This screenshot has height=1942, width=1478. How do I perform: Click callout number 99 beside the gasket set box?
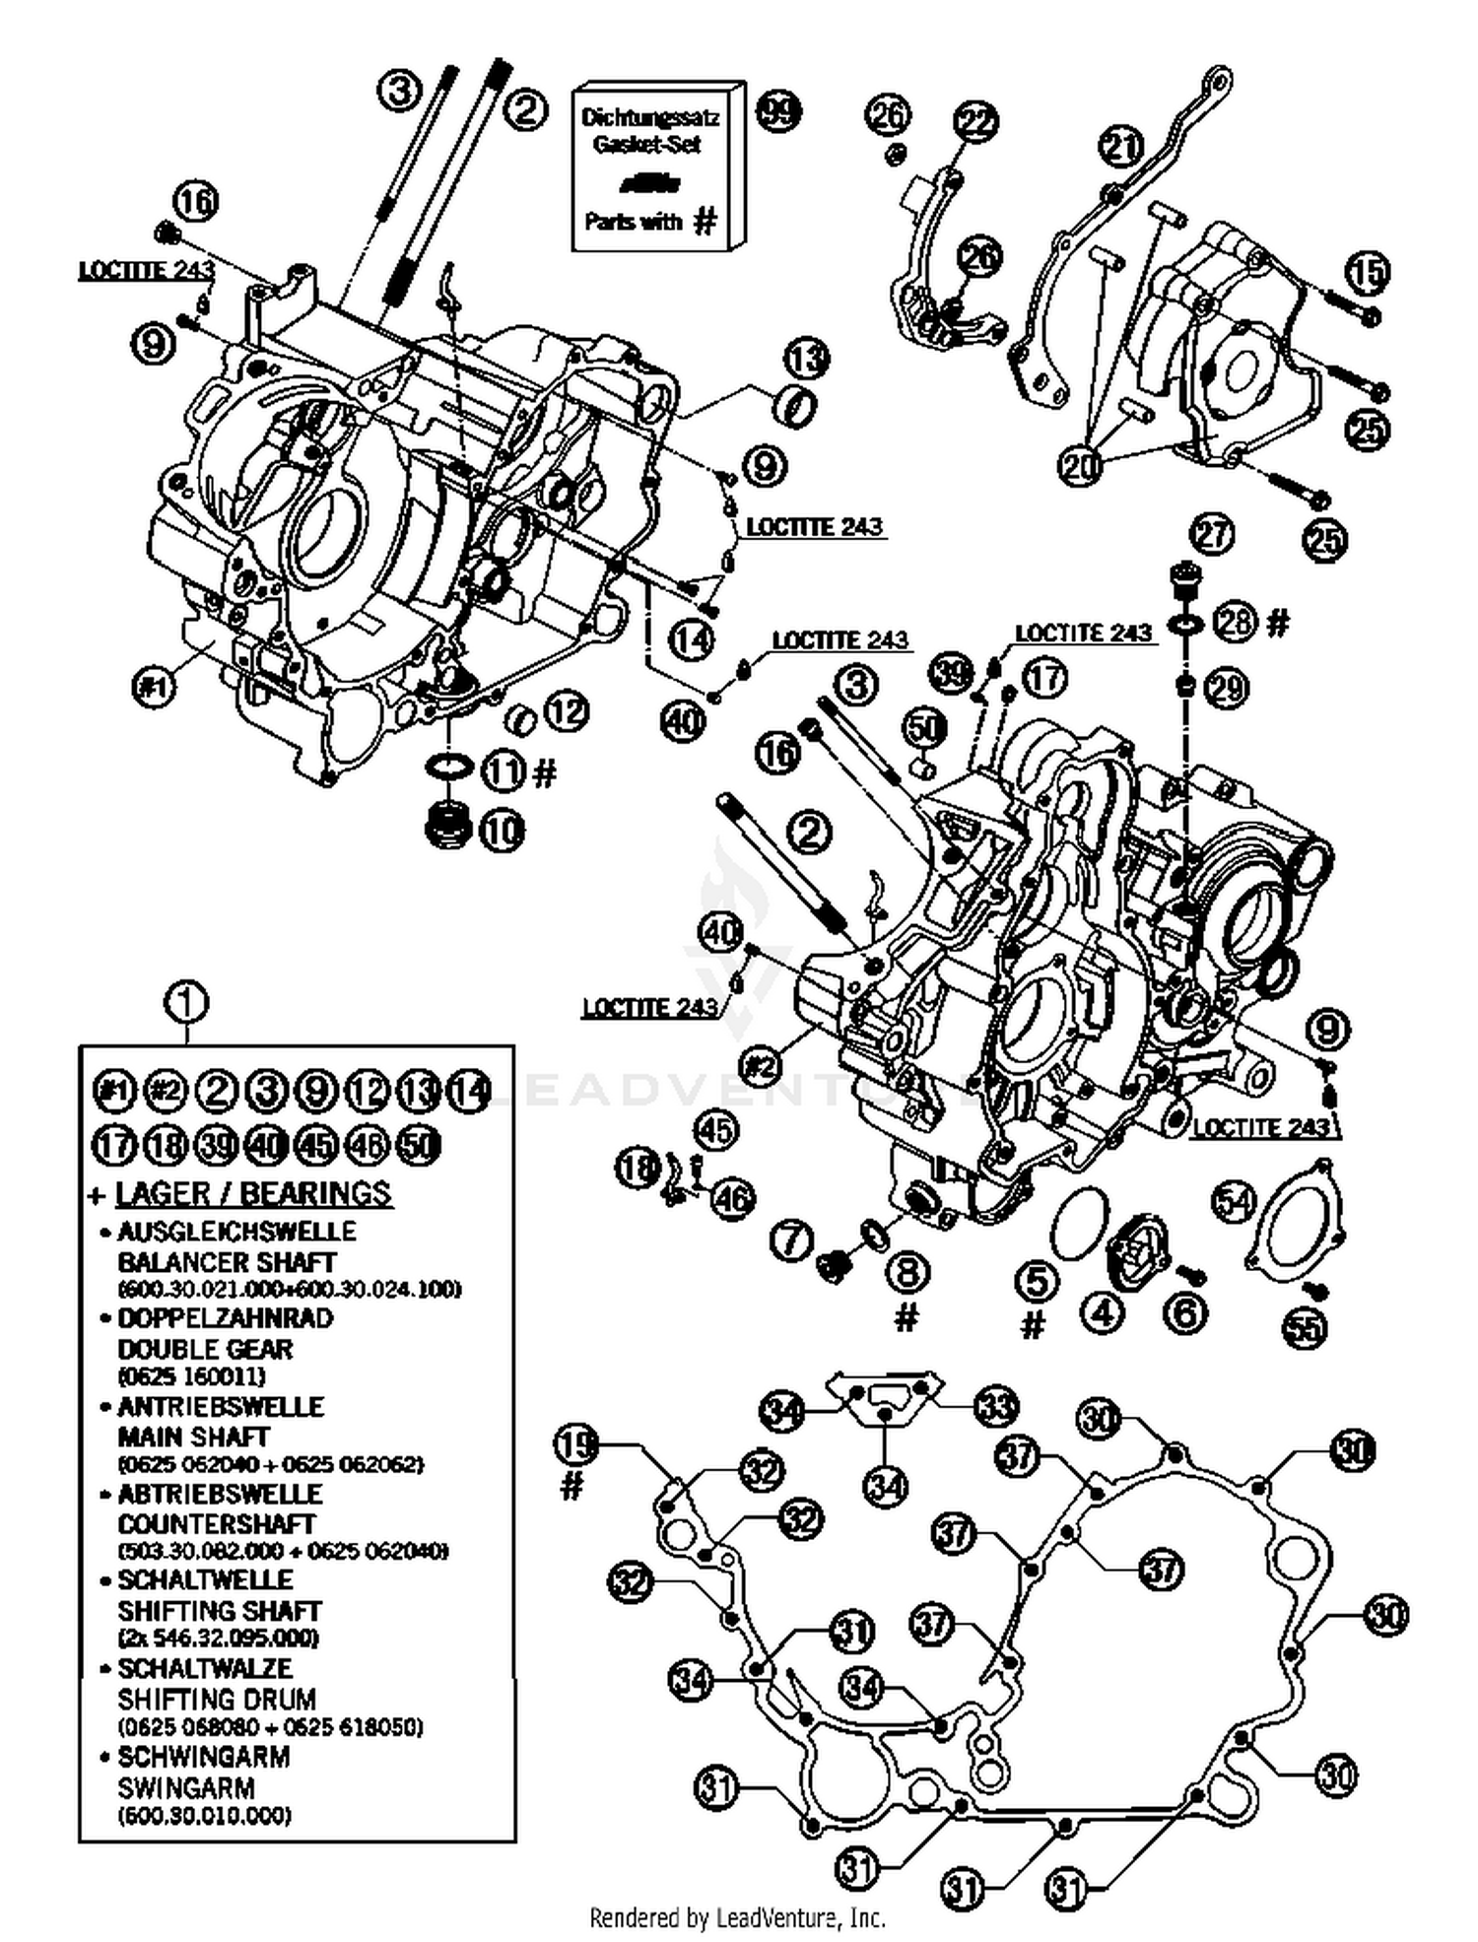(x=778, y=110)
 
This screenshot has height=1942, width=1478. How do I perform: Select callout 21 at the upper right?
(x=1120, y=147)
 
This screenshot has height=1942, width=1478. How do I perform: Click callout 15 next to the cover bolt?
(x=1367, y=272)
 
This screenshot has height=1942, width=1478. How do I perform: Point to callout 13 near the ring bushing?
(x=807, y=358)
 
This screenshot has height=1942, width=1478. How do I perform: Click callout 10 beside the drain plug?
(x=502, y=831)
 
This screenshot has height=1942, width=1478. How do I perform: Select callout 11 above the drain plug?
(x=504, y=770)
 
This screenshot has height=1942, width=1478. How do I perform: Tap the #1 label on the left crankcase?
(x=153, y=685)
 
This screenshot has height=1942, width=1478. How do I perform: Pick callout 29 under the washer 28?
(x=1227, y=687)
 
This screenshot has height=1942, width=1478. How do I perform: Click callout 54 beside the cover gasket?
(x=1234, y=1201)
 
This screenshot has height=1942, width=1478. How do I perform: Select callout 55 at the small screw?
(x=1304, y=1327)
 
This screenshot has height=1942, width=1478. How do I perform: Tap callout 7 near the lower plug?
(x=790, y=1240)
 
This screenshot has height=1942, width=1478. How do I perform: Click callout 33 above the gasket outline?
(x=995, y=1406)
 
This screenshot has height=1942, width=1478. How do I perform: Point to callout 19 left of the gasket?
(x=576, y=1445)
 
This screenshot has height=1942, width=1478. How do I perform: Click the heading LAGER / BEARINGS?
(x=253, y=1193)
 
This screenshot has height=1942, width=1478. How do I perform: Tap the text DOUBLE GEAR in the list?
(x=205, y=1349)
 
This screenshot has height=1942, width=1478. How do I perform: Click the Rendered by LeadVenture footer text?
(x=737, y=1917)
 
